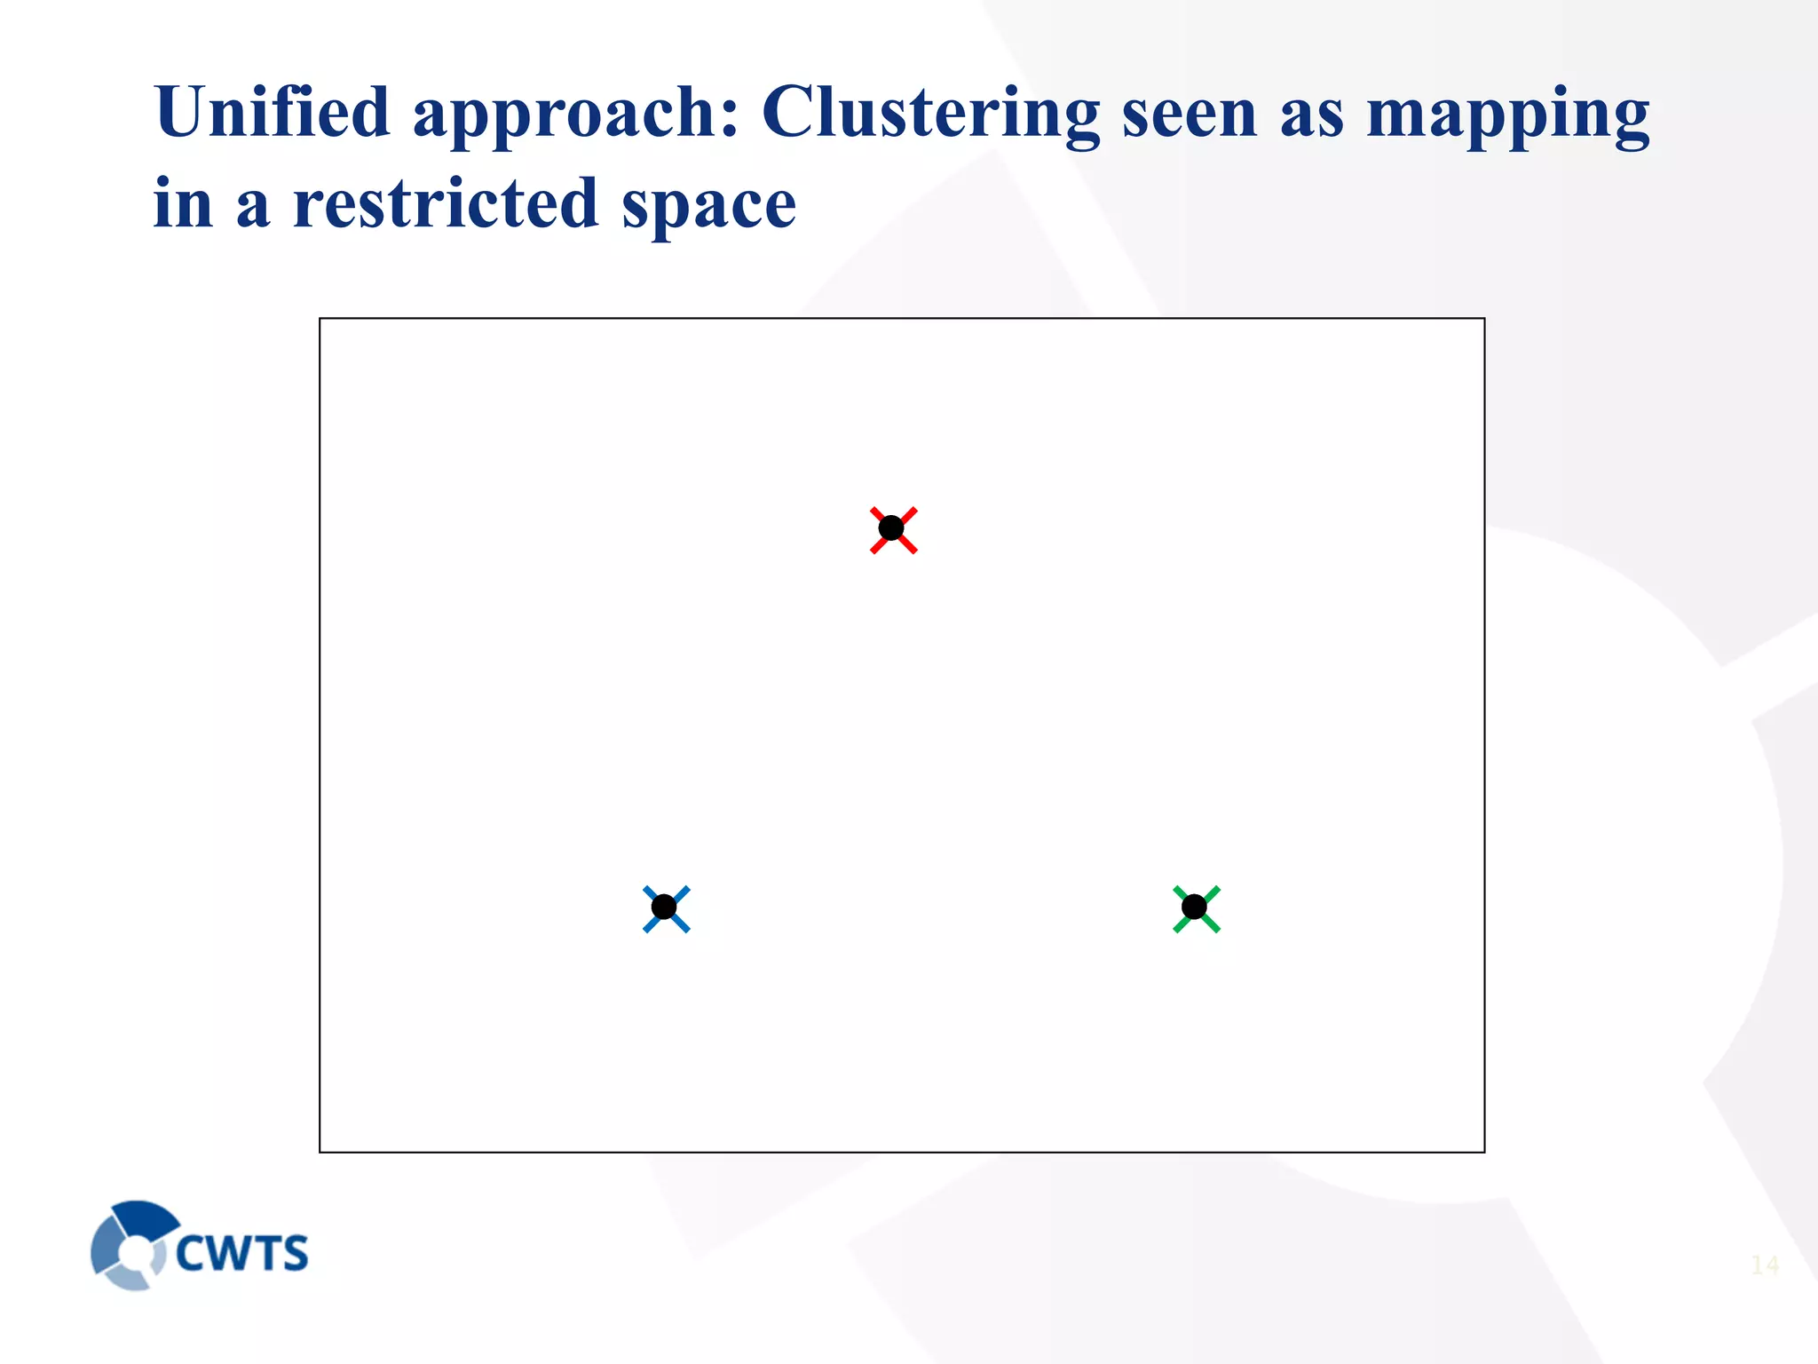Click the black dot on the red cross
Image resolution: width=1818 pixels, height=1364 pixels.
(891, 528)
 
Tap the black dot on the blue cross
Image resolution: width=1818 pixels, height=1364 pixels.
(664, 908)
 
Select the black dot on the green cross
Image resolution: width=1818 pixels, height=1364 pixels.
(1195, 908)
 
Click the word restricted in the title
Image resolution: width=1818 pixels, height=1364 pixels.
(446, 204)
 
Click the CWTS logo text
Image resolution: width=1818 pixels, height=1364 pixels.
(241, 1253)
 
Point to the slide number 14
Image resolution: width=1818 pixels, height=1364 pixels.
(1765, 1265)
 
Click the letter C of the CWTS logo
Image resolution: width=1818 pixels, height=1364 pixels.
(192, 1253)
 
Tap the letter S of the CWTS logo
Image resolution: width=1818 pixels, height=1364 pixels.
(293, 1253)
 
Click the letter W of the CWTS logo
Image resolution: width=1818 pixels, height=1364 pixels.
(230, 1253)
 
